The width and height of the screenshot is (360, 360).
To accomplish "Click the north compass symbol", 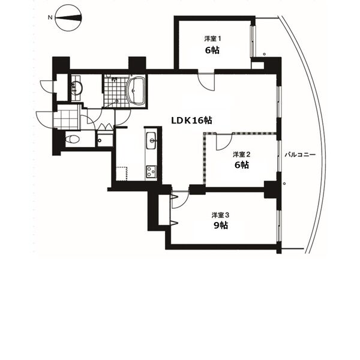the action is coord(68,18).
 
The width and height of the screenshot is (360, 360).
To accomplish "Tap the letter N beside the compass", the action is coord(50,17).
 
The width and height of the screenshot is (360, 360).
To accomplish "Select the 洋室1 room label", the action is coord(212,38).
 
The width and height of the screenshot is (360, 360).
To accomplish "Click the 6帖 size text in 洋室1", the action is coord(212,50).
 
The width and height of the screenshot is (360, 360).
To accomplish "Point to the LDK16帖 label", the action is coord(192,121).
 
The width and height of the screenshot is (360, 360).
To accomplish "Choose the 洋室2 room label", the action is coord(242,154).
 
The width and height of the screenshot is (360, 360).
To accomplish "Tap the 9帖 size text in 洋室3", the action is coord(221,226).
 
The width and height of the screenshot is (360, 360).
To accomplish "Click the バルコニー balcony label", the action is coord(300,155).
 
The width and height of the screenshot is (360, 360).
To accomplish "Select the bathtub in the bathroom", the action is coord(136,91).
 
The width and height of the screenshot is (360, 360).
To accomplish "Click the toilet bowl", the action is coord(72,139).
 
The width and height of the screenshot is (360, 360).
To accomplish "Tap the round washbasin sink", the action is coord(77,88).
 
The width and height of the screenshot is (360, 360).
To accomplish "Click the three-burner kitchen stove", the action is coord(151,172).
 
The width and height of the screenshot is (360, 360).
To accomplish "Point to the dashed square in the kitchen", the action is coord(121,174).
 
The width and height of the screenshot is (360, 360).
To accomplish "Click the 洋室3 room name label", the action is coord(220,215).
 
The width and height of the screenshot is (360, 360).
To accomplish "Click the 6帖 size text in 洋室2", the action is coord(242,165).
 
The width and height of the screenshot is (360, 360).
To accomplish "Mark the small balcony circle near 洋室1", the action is coord(264,54).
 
